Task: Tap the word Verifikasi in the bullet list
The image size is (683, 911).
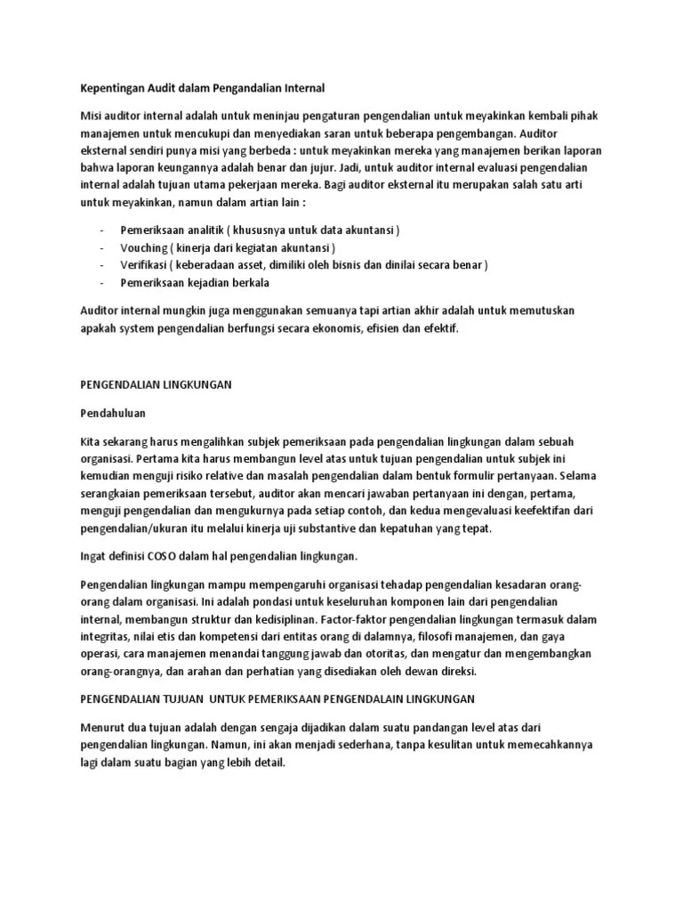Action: tap(145, 265)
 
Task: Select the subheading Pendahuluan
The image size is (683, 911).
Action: tap(112, 414)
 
